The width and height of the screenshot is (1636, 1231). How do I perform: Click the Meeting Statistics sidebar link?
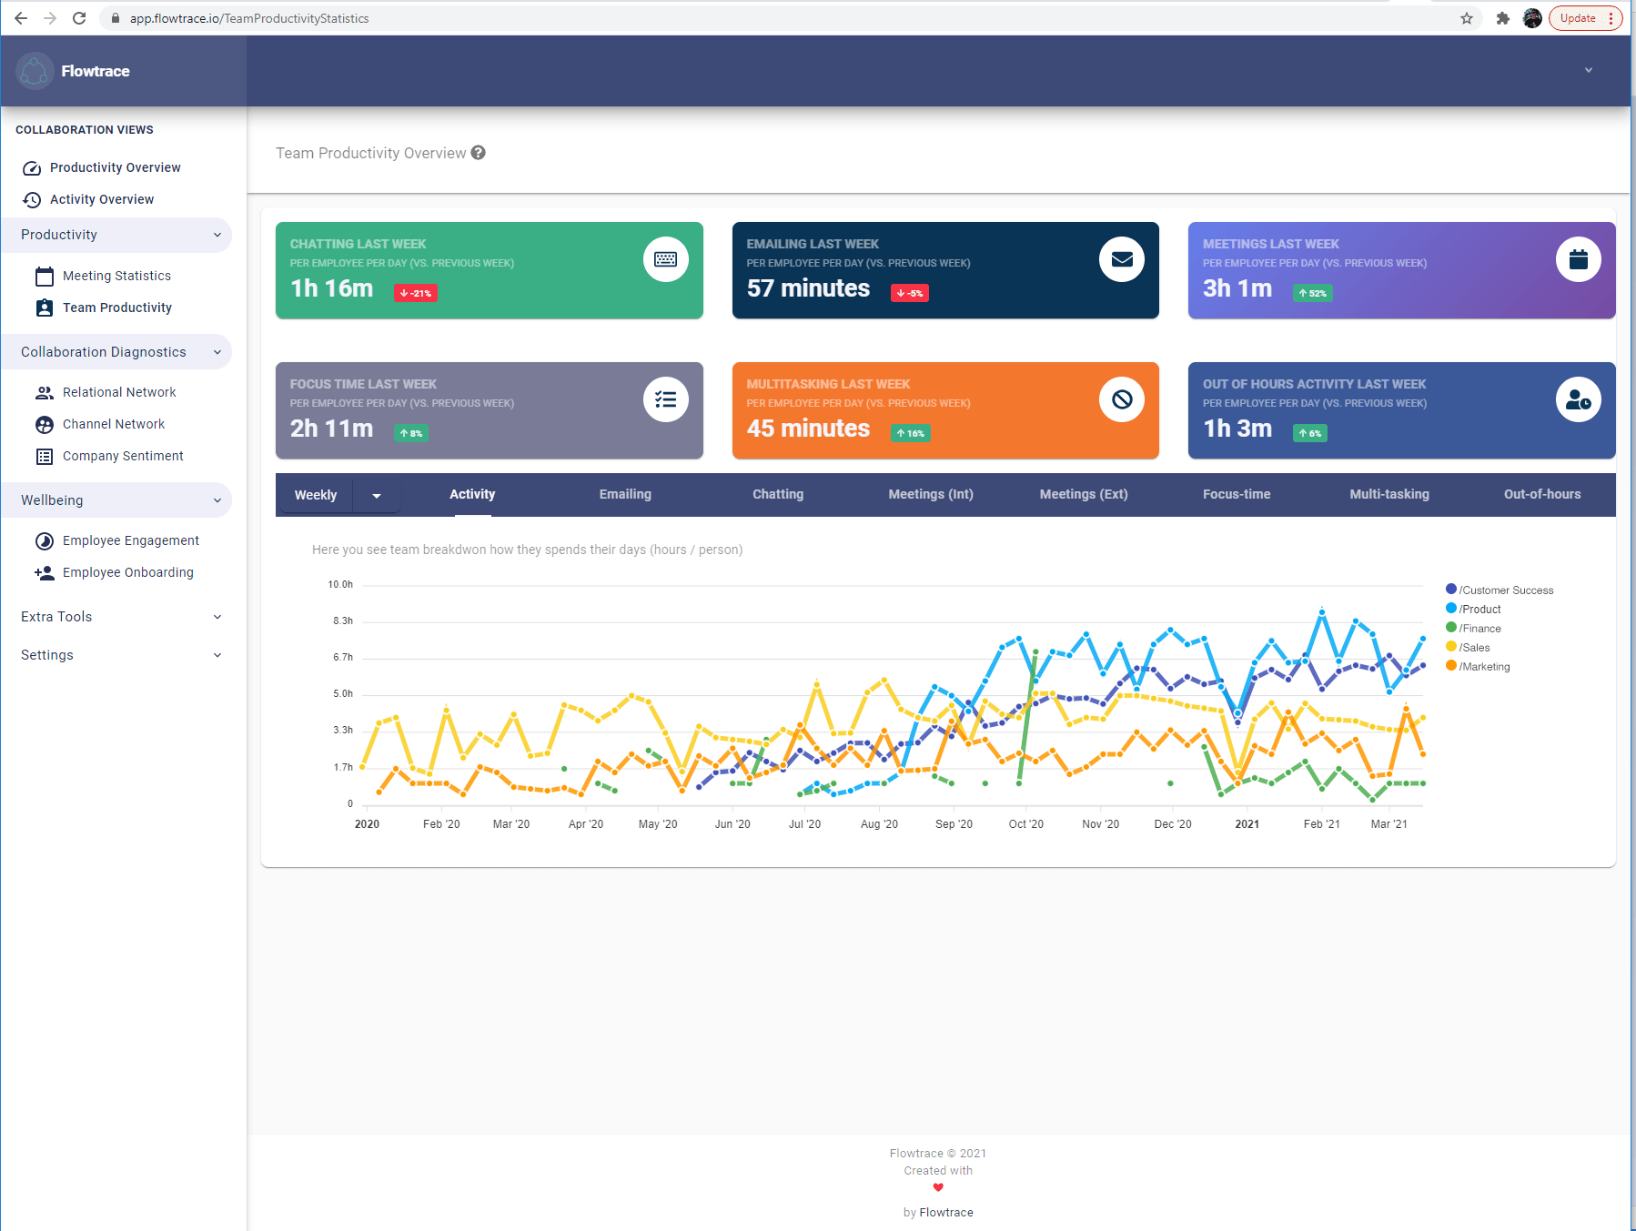pos(116,276)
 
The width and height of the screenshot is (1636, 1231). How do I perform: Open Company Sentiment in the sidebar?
pos(123,456)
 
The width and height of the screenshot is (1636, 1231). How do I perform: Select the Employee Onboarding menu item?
pos(127,572)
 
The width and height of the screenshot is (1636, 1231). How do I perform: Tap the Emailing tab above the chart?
pos(625,494)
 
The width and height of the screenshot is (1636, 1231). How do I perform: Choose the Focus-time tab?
pos(1236,494)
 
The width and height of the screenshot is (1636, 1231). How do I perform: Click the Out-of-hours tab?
pos(1541,494)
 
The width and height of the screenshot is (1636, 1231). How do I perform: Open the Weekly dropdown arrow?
pos(377,495)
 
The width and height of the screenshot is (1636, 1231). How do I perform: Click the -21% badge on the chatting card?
pos(416,293)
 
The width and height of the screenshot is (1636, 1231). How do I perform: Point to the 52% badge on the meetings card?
pos(1312,293)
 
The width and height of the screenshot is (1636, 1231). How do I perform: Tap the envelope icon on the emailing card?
pos(1122,259)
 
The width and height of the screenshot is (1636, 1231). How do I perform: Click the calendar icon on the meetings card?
pos(1578,259)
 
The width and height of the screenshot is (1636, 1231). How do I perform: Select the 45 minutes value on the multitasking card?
pos(808,429)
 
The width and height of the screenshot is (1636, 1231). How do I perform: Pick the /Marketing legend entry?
pos(1484,666)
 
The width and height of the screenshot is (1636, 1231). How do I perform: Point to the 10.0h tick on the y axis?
pos(340,584)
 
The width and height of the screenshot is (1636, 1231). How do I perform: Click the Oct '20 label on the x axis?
pos(1025,824)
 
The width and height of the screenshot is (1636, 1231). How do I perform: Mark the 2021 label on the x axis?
pos(1247,824)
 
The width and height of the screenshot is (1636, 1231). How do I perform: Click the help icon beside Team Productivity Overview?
pos(479,153)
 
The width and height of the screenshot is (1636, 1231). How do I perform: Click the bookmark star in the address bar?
pos(1467,18)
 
